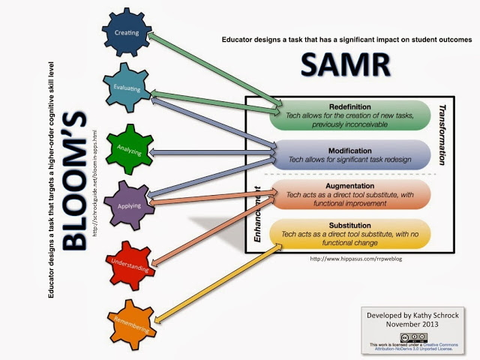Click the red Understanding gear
129,262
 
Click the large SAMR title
346,66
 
